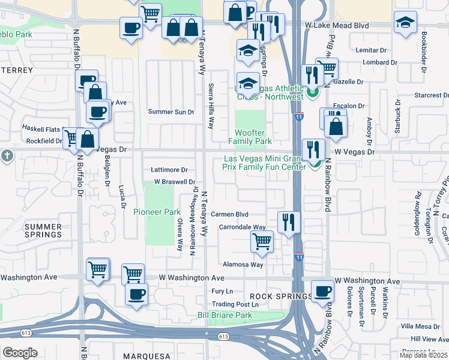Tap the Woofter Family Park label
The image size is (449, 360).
point(250,137)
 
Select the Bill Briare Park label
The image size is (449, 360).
point(225,315)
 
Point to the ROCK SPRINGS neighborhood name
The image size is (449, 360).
point(278,296)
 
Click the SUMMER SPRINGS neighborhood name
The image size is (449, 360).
point(43,230)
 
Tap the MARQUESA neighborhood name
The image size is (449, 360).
point(148,356)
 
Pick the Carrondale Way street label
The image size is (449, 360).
point(242,227)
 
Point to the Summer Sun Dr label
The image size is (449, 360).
point(171,112)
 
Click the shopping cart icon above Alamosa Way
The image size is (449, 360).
point(262,241)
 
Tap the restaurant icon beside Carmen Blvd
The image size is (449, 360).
point(289,221)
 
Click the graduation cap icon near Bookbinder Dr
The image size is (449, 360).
point(405,22)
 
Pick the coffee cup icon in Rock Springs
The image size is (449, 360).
point(322,290)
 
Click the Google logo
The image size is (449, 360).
point(20,353)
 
